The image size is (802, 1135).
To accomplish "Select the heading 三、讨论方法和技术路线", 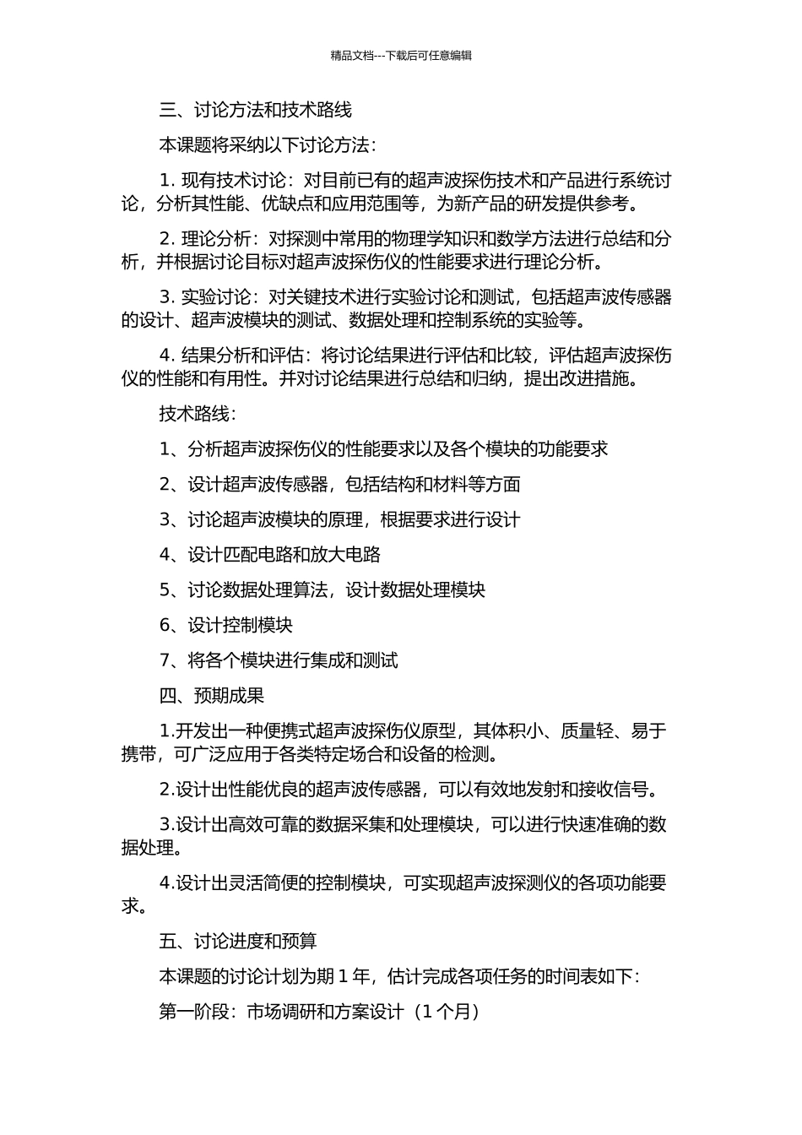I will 255,110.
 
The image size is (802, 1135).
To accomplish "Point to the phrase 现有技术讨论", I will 234,181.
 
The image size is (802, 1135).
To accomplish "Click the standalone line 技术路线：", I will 198,414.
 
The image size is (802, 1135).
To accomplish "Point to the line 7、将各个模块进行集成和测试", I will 278,660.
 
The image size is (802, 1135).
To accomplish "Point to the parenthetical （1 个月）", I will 445,1012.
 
